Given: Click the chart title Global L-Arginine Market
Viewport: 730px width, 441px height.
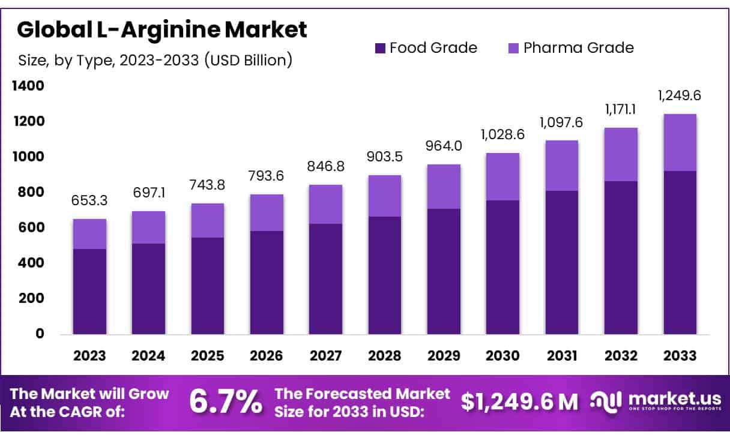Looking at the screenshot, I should (x=162, y=29).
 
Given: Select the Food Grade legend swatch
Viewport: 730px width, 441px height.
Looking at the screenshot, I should (x=380, y=48).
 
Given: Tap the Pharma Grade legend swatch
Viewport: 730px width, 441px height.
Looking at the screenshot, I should (x=514, y=48).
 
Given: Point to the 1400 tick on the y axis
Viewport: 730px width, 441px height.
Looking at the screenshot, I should (x=28, y=86).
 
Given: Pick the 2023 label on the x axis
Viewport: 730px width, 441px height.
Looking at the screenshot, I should (x=89, y=356).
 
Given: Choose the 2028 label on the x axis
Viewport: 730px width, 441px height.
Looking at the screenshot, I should (x=385, y=356).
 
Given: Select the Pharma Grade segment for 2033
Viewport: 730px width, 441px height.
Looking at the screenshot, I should (x=680, y=143).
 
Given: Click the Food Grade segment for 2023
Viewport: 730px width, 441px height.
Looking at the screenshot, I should (x=89, y=291).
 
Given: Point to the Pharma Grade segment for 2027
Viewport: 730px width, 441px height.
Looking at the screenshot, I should (x=325, y=204).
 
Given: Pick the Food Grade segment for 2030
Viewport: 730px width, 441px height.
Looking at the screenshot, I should (x=502, y=267).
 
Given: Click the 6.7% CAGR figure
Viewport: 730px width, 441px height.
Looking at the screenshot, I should (x=226, y=401).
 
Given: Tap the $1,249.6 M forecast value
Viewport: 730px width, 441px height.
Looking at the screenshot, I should (x=520, y=401).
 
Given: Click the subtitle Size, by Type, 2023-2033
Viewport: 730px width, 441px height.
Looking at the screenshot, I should (x=154, y=60).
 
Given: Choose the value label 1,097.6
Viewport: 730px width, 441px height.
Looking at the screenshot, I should (x=561, y=122).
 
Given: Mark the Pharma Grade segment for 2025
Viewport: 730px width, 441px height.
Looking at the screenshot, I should (x=207, y=220).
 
